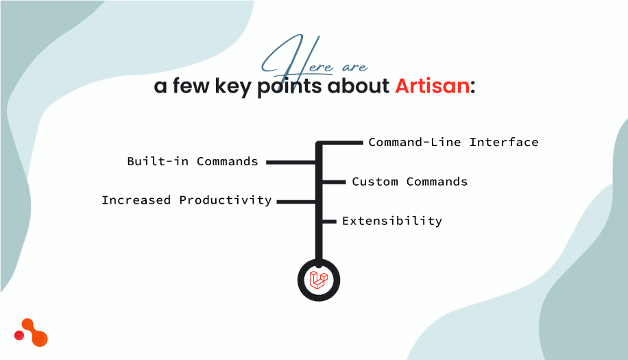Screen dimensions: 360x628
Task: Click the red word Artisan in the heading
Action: (433, 87)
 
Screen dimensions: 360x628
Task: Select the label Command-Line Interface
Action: (453, 143)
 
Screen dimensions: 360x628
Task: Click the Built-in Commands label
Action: (193, 162)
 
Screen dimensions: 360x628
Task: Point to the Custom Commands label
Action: (409, 182)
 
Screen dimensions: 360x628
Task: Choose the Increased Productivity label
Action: (186, 200)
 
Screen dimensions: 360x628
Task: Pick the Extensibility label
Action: (391, 221)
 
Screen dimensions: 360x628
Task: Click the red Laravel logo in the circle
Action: (319, 279)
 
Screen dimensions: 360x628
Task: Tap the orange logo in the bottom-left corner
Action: (32, 333)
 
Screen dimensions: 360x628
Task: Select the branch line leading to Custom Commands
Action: (333, 182)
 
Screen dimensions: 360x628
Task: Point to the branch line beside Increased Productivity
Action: (295, 202)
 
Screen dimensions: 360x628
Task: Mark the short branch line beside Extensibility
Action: (329, 221)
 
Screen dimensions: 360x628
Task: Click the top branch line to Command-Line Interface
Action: (341, 143)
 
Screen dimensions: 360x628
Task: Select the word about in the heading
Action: (359, 87)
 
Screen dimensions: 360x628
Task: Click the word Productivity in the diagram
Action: (226, 200)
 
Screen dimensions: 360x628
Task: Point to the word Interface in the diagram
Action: (504, 143)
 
